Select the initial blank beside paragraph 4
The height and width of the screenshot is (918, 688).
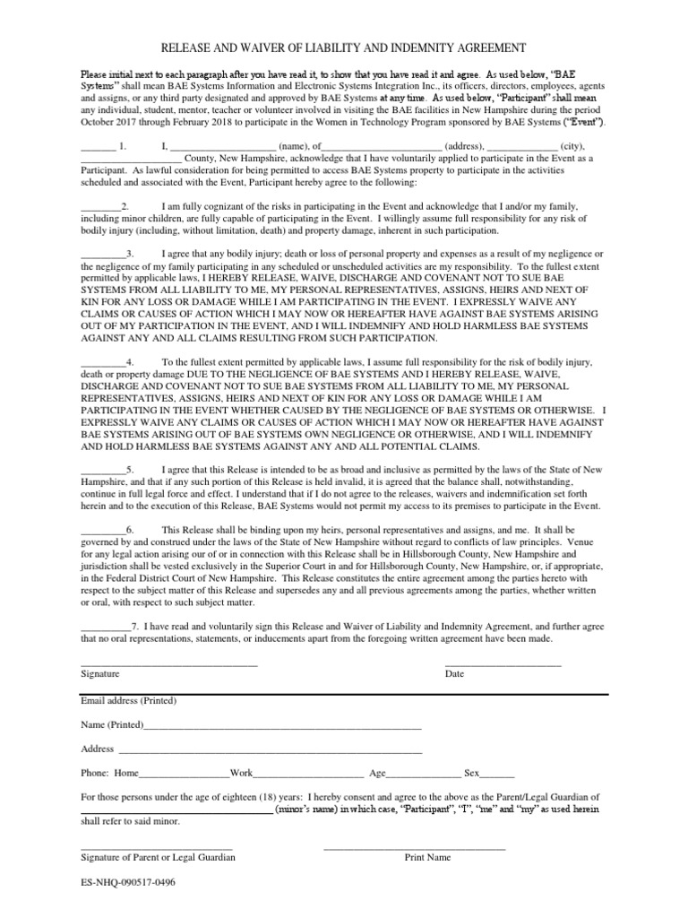click(100, 361)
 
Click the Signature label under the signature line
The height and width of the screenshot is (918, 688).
click(99, 673)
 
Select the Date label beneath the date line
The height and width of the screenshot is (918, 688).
click(455, 673)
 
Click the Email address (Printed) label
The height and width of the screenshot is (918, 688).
click(129, 700)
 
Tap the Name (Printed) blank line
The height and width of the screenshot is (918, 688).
click(282, 726)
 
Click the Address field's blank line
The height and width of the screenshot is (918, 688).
click(270, 750)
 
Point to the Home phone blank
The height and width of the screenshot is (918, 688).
click(185, 774)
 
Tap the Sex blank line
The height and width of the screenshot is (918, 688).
click(499, 774)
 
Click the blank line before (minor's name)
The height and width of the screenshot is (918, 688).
click(176, 810)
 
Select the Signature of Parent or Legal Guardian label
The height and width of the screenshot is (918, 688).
click(159, 858)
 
